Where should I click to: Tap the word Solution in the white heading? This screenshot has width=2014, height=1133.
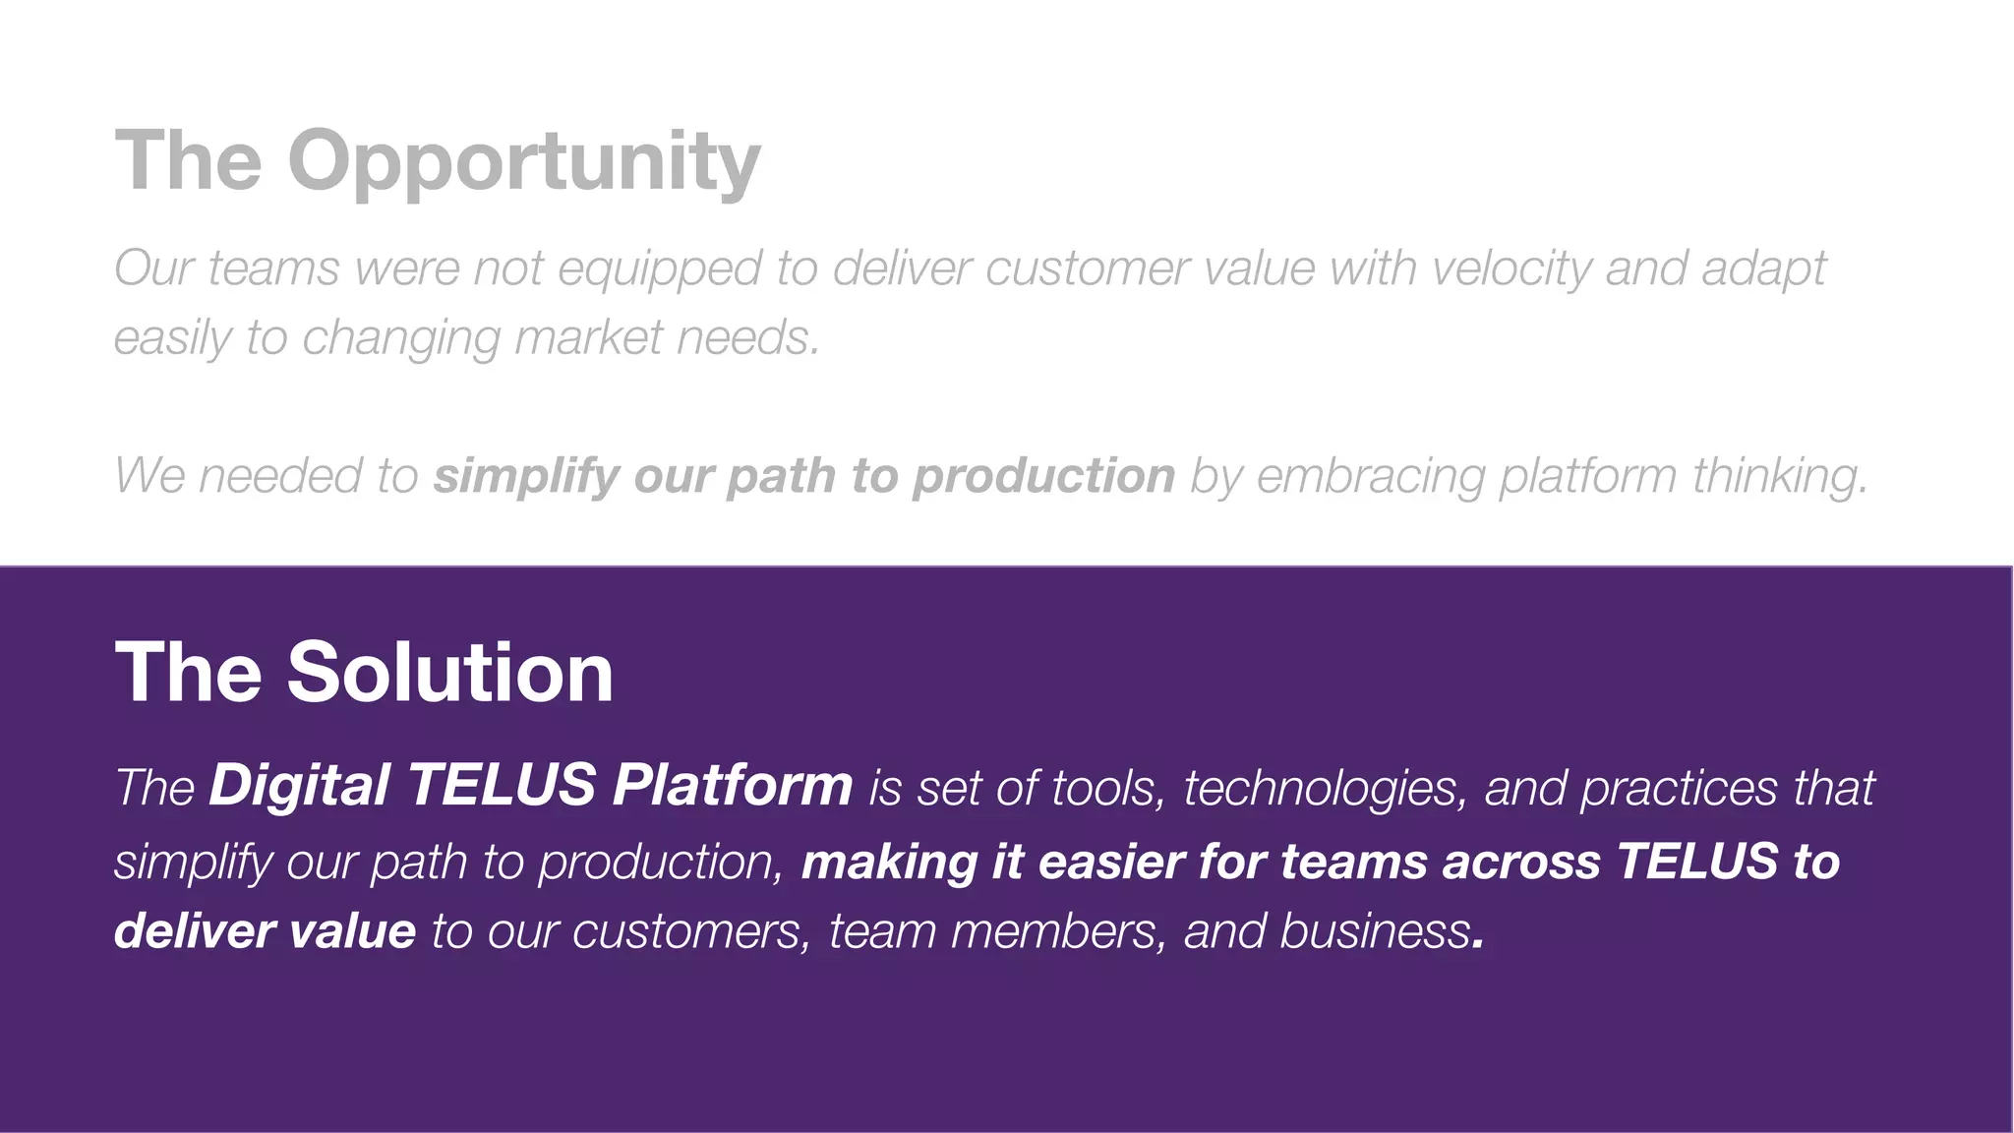click(x=449, y=672)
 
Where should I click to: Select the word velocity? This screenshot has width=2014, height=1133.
click(x=1510, y=268)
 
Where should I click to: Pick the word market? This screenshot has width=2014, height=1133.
click(x=588, y=337)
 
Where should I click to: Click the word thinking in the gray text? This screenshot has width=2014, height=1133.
click(x=1779, y=477)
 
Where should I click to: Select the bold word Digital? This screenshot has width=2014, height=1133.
click(x=299, y=786)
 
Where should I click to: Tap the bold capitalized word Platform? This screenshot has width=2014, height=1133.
click(x=732, y=786)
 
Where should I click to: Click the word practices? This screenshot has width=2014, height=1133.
click(x=1679, y=789)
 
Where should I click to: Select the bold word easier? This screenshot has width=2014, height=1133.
click(x=1110, y=862)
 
